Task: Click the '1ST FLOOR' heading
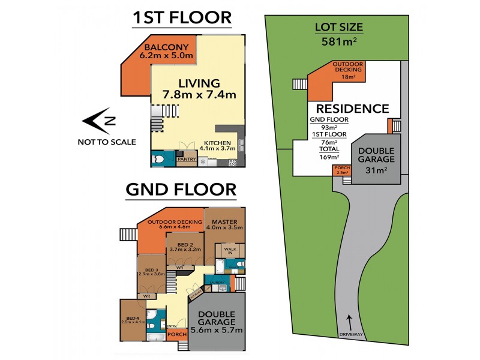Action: (182, 17)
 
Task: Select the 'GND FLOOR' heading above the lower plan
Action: (180, 190)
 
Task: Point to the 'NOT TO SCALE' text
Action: (107, 142)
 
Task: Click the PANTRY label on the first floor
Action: (187, 159)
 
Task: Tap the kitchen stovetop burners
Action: (232, 162)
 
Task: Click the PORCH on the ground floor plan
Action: (176, 335)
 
